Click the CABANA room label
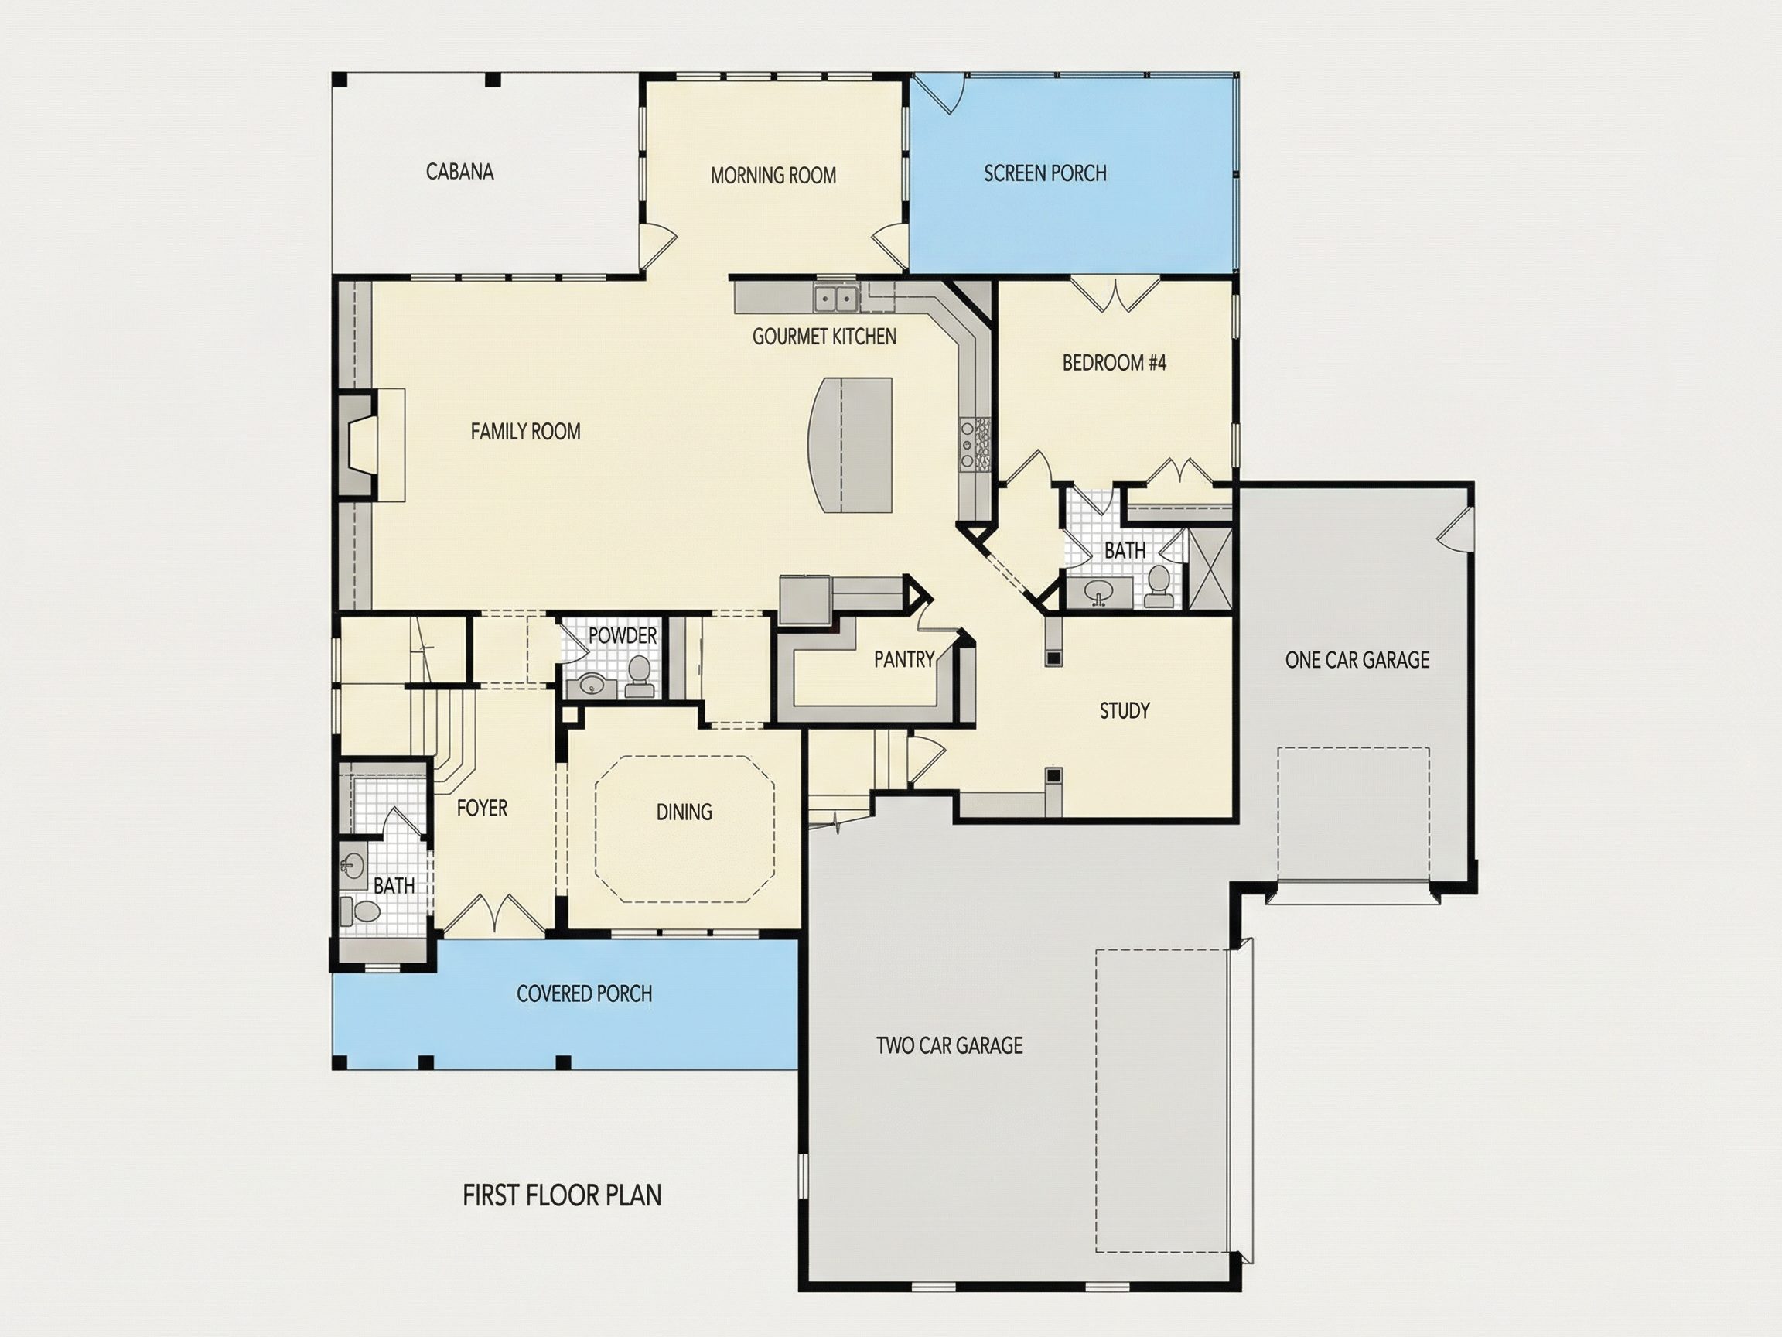click(459, 172)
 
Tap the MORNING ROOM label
click(773, 175)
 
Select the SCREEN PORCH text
click(1045, 173)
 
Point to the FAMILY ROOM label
click(525, 431)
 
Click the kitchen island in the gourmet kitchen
click(851, 445)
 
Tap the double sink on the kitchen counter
click(835, 298)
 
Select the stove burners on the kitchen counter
click(974, 444)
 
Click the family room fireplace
click(359, 446)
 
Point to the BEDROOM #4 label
click(1115, 363)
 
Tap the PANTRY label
click(904, 660)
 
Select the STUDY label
click(1125, 711)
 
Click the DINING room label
click(684, 812)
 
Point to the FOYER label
click(482, 809)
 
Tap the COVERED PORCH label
click(584, 993)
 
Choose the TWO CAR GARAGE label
click(949, 1045)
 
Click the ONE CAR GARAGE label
click(1357, 660)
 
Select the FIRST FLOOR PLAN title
click(562, 1195)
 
